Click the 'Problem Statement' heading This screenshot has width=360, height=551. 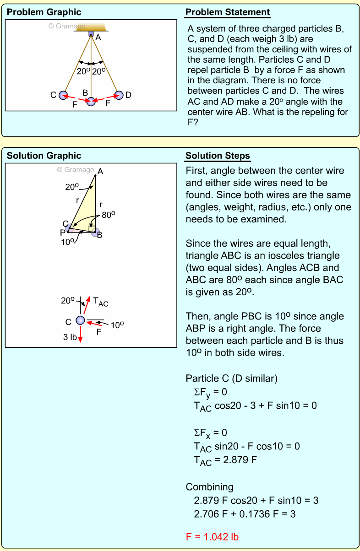pos(228,12)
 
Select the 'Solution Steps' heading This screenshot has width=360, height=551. pos(218,156)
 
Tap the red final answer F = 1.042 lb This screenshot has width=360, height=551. pos(212,537)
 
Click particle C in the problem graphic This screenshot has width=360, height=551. pos(63,95)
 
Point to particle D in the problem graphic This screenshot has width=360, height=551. pos(119,95)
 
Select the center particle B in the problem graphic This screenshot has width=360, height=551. pos(91,101)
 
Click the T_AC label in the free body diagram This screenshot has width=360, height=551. pos(100,302)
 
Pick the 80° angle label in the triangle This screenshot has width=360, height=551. pos(108,214)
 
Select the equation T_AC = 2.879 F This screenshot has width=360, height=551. pos(225,460)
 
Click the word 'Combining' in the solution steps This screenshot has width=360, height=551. pos(209,487)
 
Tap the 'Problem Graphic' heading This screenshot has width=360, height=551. pos(44,12)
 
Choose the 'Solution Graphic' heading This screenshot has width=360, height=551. pos(44,156)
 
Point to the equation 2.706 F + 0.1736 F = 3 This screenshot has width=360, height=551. pos(245,514)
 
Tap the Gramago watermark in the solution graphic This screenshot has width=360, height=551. pos(76,170)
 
